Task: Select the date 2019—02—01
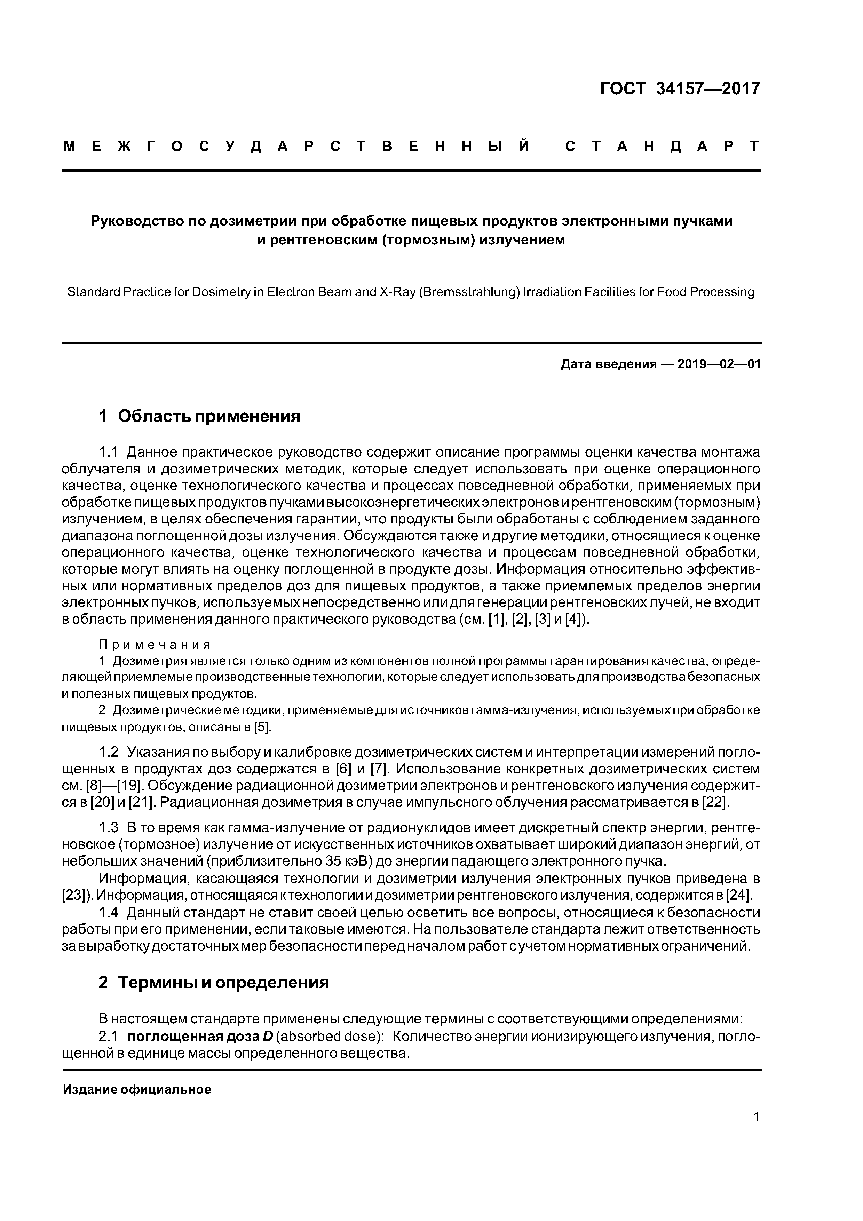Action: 719,364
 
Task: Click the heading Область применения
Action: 209,416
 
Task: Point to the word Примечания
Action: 155,645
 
